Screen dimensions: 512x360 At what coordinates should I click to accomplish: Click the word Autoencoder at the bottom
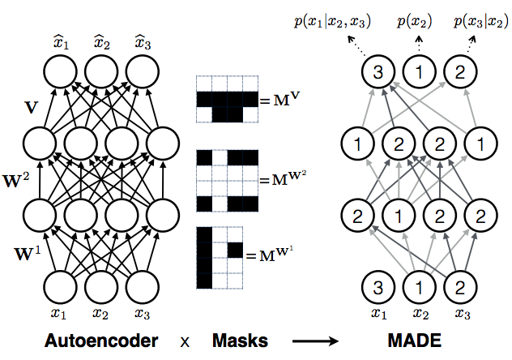[x=101, y=341]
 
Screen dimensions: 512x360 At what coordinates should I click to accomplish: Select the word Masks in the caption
[x=240, y=341]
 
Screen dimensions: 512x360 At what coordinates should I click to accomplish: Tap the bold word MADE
[x=415, y=341]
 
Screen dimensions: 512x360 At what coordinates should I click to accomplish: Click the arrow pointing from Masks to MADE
[x=315, y=341]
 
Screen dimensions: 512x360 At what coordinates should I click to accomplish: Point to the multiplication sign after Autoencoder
[x=185, y=342]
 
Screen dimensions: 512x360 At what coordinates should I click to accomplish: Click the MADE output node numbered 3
[x=378, y=71]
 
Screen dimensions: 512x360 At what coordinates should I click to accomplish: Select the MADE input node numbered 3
[x=378, y=288]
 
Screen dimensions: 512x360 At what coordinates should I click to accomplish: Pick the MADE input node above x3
[x=460, y=288]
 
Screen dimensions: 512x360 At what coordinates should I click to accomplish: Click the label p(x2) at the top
[x=414, y=22]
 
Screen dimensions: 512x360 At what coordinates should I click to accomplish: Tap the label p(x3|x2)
[x=481, y=22]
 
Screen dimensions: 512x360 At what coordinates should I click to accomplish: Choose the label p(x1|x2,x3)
[x=332, y=22]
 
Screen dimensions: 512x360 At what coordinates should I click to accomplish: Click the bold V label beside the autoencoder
[x=32, y=107]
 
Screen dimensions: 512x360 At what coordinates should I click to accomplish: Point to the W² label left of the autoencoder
[x=16, y=181]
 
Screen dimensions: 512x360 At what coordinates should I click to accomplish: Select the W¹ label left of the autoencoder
[x=28, y=253]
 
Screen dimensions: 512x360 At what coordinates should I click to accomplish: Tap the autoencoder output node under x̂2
[x=101, y=71]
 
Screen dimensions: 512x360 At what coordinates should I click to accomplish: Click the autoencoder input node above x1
[x=61, y=288]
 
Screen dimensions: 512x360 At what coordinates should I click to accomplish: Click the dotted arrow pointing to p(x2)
[x=420, y=44]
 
